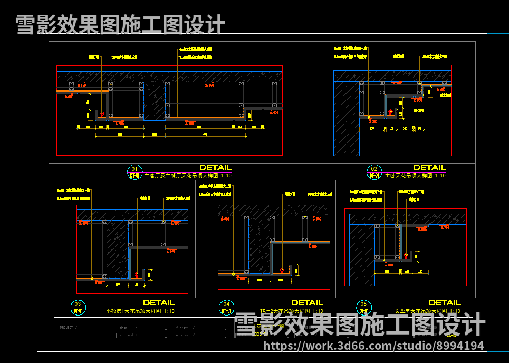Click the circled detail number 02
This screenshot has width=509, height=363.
point(374,169)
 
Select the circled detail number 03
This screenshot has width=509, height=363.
point(78,304)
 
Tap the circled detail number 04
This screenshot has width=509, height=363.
point(226,304)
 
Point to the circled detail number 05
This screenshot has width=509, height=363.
point(363,304)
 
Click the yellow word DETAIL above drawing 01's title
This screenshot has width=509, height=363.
point(215,168)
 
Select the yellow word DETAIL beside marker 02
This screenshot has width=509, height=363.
point(429,168)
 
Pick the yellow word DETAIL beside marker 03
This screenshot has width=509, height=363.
point(158,303)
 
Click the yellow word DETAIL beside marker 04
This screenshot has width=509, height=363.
point(307,303)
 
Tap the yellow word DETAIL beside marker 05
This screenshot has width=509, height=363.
point(444,303)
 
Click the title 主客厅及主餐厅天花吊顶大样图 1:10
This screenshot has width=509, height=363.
point(188,176)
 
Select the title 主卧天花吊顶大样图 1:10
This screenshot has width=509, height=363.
point(415,176)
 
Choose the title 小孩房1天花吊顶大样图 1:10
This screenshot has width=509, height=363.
point(140,311)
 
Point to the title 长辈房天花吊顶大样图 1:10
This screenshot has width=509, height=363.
point(427,311)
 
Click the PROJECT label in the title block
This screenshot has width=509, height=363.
point(67,328)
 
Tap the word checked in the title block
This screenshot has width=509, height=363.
point(126,335)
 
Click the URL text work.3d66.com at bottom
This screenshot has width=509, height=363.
point(373,346)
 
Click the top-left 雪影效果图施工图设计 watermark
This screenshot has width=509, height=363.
point(120,24)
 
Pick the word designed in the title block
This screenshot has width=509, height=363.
point(183,328)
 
